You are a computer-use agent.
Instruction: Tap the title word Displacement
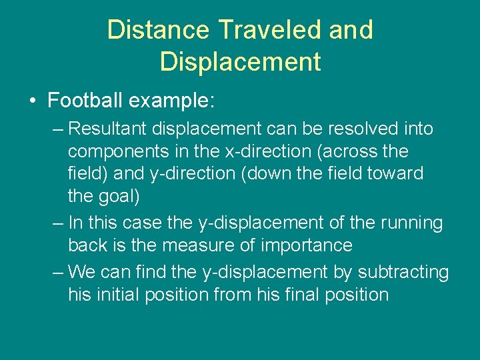point(240,61)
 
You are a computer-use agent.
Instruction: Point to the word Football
point(85,101)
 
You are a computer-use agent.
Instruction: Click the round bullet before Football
point(33,101)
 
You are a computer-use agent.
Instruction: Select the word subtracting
point(403,272)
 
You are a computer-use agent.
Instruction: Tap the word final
point(273,295)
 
